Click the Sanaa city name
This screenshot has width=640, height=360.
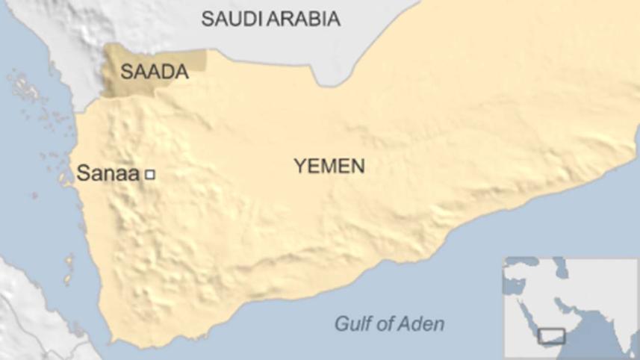[108, 175]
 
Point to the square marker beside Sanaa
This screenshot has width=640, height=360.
[149, 175]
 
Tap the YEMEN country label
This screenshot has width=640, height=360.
[329, 166]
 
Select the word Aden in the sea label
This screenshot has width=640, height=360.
[422, 324]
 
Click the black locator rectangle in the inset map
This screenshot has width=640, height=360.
[552, 337]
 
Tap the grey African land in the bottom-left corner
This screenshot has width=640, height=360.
[30, 314]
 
